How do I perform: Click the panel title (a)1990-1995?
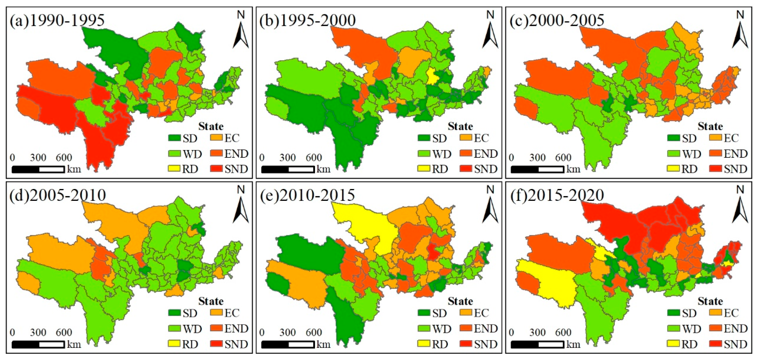tap(57, 20)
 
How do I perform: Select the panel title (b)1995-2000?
tap(307, 20)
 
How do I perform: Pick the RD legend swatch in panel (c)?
tap(673, 169)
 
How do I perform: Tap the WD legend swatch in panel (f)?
tap(673, 328)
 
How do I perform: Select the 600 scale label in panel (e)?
tap(314, 332)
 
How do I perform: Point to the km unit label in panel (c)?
tap(573, 169)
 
